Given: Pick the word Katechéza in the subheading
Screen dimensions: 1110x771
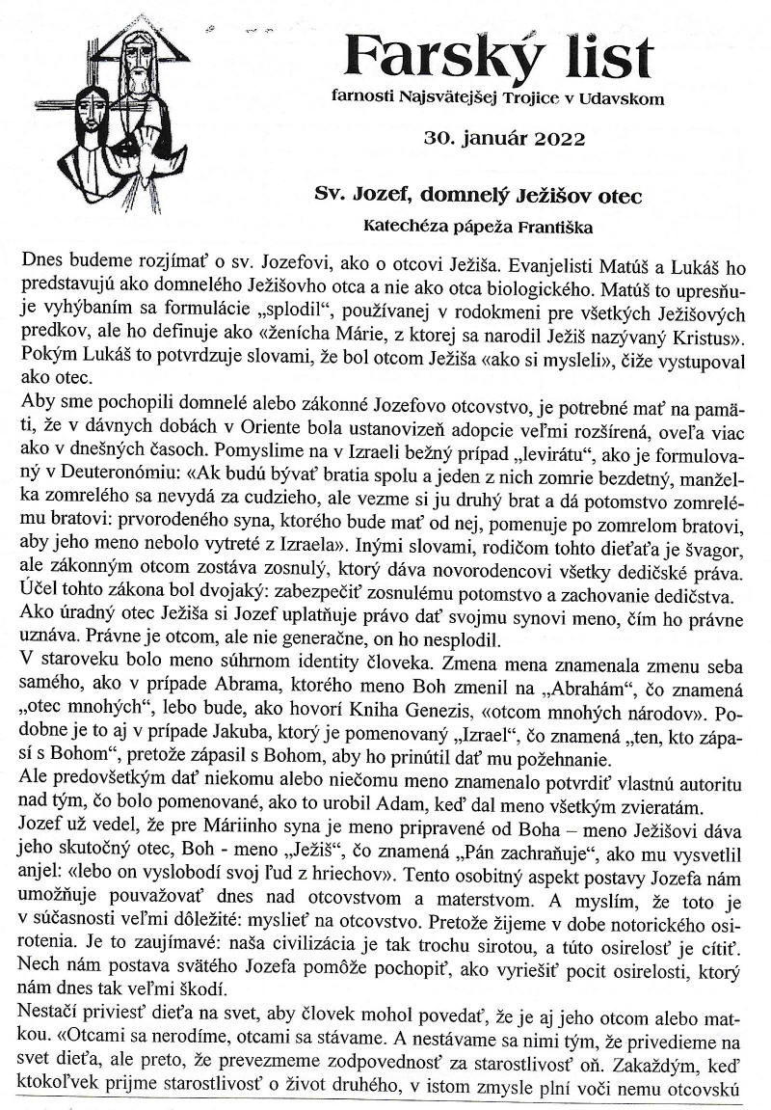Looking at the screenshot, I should (x=404, y=228).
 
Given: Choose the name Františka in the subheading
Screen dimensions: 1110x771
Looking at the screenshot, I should (x=545, y=228).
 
